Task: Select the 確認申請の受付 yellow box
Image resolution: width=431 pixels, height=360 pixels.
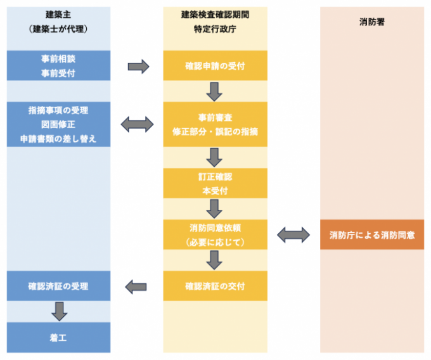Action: [215, 66]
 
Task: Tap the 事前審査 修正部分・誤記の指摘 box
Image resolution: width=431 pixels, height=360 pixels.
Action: [215, 124]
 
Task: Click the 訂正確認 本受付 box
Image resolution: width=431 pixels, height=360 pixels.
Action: [215, 183]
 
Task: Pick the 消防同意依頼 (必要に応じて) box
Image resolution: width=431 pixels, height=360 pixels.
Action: [215, 235]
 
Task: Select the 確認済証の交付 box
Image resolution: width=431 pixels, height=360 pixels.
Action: [215, 286]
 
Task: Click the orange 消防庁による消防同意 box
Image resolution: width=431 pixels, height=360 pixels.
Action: [372, 235]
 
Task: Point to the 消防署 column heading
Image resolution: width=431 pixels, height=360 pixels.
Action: [372, 22]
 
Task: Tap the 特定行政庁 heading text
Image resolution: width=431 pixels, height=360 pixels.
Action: [215, 29]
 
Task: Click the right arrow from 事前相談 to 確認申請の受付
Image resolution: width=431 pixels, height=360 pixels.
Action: [138, 66]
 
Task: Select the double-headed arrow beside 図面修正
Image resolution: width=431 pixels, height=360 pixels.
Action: [138, 124]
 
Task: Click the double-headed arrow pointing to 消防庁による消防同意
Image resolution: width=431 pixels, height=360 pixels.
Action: [293, 235]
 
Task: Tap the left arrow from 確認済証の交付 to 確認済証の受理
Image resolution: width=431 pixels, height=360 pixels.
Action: [138, 286]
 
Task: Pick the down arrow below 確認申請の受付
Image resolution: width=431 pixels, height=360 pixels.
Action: [215, 92]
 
